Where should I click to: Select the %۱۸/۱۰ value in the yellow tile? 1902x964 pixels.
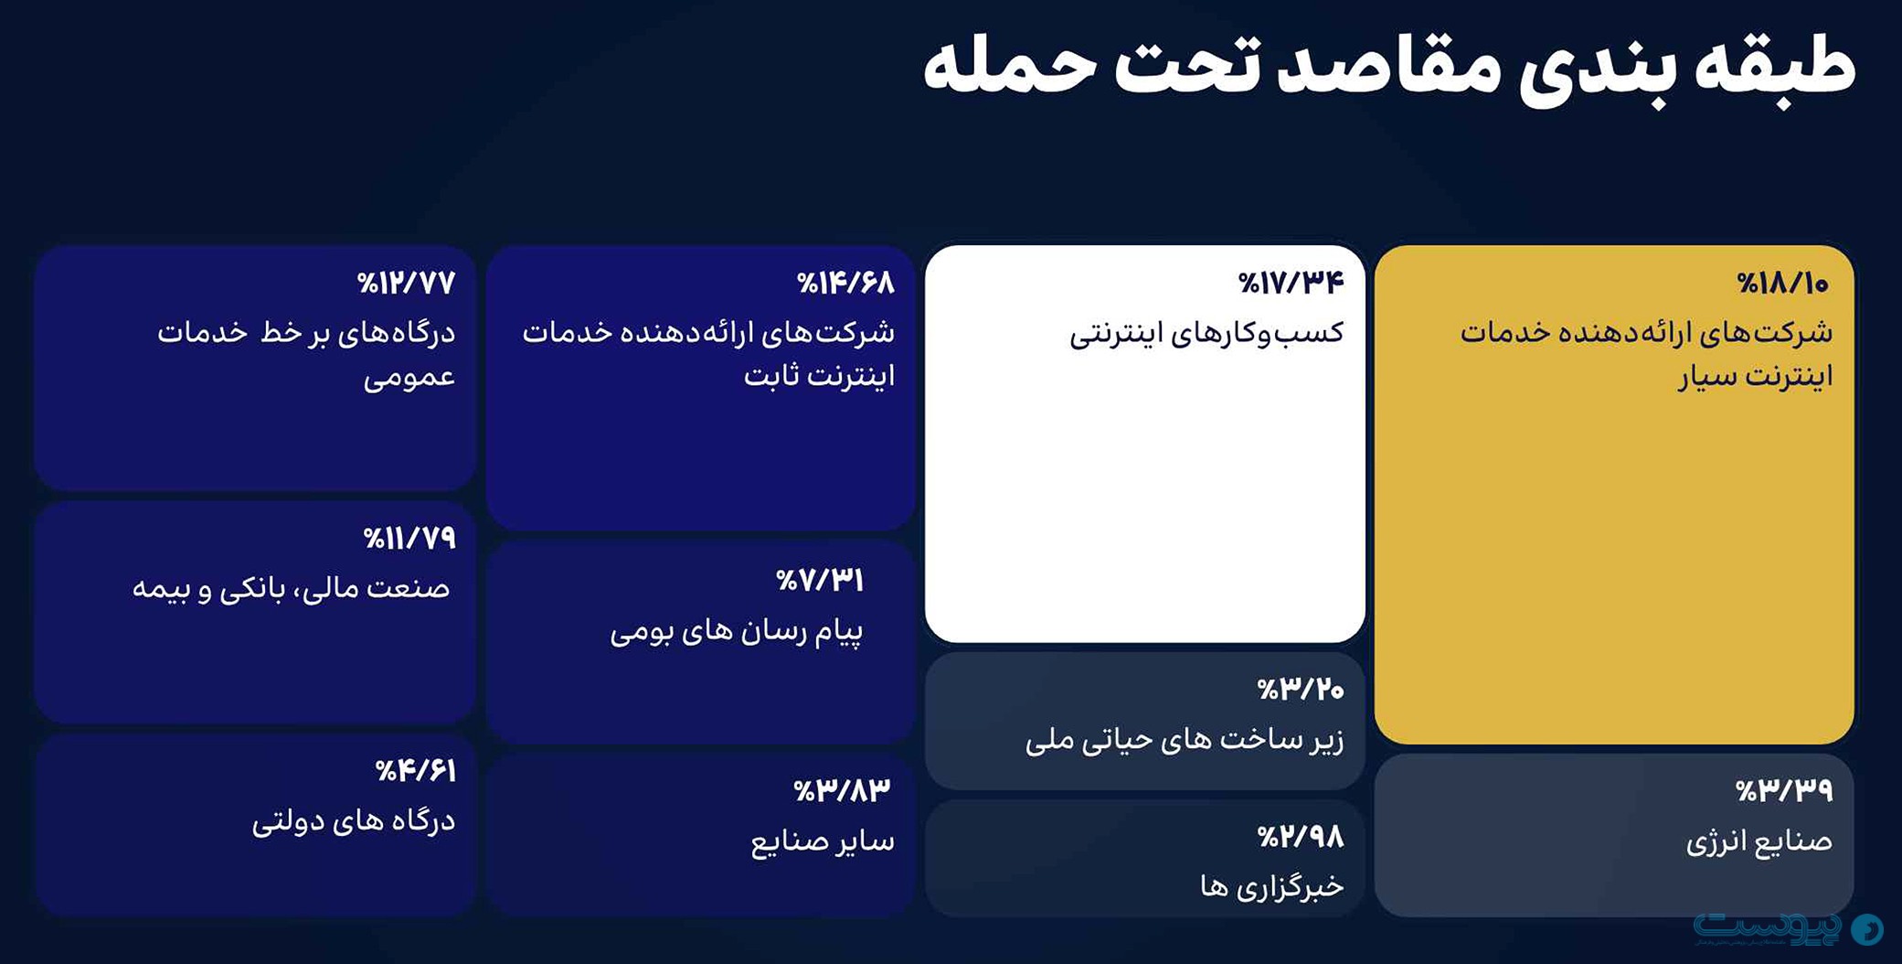(x=1782, y=284)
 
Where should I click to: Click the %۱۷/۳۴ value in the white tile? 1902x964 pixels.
(x=1291, y=284)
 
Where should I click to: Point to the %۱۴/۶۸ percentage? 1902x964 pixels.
(x=845, y=284)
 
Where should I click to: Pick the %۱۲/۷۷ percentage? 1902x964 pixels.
(x=406, y=284)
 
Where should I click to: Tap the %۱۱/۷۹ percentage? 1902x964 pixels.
(x=409, y=539)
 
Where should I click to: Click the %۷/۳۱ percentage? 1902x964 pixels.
(x=820, y=581)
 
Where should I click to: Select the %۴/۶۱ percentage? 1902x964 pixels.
(x=415, y=771)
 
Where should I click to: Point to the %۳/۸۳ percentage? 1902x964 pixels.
(x=842, y=790)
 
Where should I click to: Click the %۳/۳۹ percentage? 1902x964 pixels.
(x=1784, y=790)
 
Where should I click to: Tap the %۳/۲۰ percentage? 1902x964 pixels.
(x=1300, y=690)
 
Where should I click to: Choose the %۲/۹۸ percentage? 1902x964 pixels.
(x=1300, y=837)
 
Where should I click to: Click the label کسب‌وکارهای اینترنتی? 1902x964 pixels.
(x=1206, y=333)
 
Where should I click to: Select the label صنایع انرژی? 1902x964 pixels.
(x=1759, y=841)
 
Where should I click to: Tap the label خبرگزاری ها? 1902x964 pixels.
(x=1271, y=885)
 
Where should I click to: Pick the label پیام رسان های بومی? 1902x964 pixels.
(x=737, y=632)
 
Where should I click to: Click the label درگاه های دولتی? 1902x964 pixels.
(x=354, y=820)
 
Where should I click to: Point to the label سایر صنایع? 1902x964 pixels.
(x=823, y=841)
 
